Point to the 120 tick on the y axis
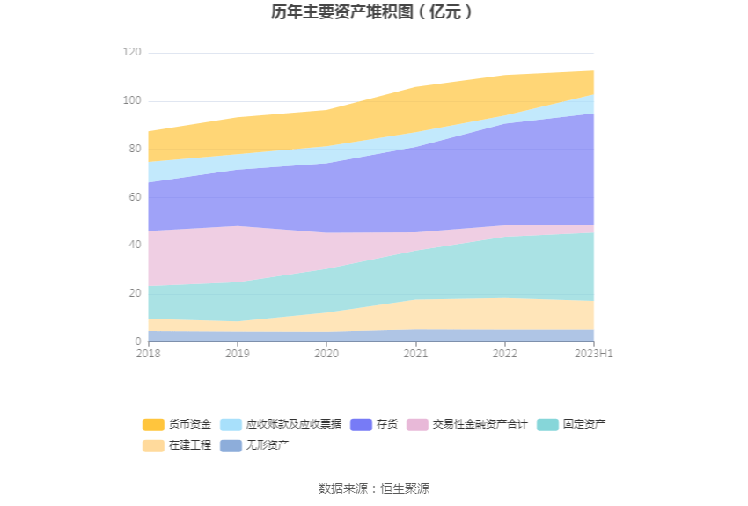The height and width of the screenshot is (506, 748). coord(131,53)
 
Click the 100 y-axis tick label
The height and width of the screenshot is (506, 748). coord(131,101)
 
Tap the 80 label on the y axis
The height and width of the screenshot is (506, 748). coord(134,149)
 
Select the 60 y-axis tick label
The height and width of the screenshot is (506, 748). coord(134,197)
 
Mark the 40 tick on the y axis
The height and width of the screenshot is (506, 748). coord(134,245)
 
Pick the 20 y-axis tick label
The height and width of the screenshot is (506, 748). coord(134,293)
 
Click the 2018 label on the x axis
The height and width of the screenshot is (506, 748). coord(148,354)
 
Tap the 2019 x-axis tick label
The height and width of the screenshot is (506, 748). coord(237,354)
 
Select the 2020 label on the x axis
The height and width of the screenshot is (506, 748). coord(326,354)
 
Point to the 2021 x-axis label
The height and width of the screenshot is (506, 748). coord(415,354)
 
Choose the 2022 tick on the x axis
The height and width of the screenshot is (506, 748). coord(504,354)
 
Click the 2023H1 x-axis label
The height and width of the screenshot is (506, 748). coord(593,354)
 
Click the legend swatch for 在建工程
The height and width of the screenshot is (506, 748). coord(154,445)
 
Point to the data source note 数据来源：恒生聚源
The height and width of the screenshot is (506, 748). coord(373,488)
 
